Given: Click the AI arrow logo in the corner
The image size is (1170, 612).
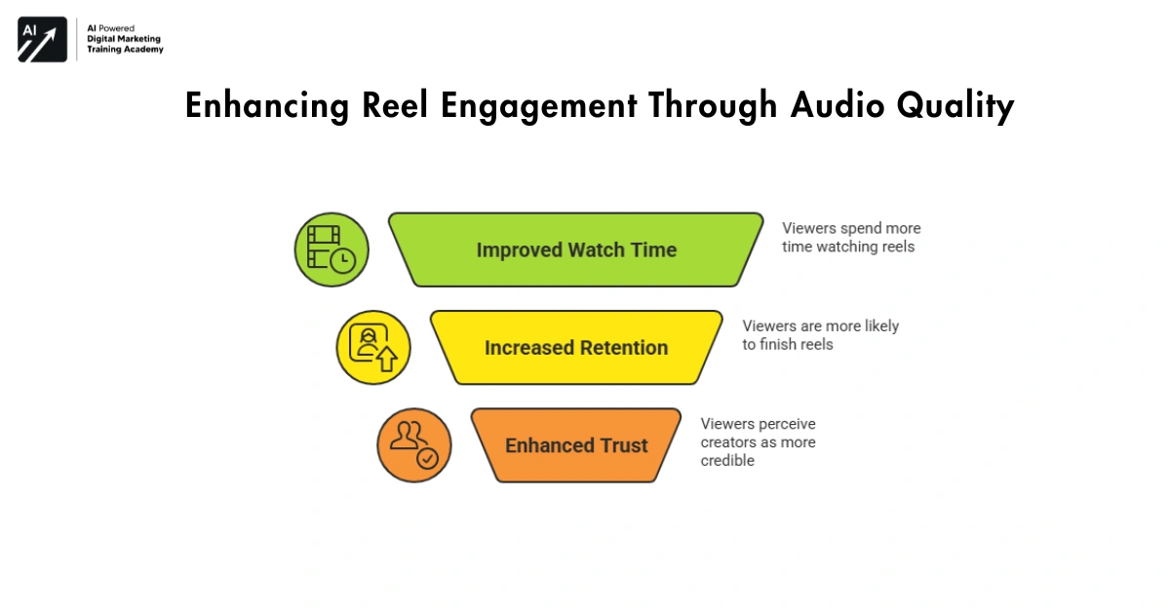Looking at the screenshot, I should click(42, 39).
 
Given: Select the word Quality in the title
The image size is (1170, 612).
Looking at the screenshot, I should click(963, 106).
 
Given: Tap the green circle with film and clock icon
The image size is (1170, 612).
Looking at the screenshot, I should click(331, 249).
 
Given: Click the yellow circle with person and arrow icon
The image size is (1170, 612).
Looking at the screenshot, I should click(372, 348).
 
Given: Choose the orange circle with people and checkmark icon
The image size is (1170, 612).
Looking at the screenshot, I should click(413, 445).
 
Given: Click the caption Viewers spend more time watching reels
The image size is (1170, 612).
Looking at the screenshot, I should click(850, 238).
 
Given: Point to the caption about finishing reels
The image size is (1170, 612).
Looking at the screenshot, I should click(819, 335).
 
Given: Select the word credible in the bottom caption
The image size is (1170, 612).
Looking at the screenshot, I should click(727, 461).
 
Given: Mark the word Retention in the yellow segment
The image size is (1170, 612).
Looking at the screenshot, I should click(621, 348).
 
